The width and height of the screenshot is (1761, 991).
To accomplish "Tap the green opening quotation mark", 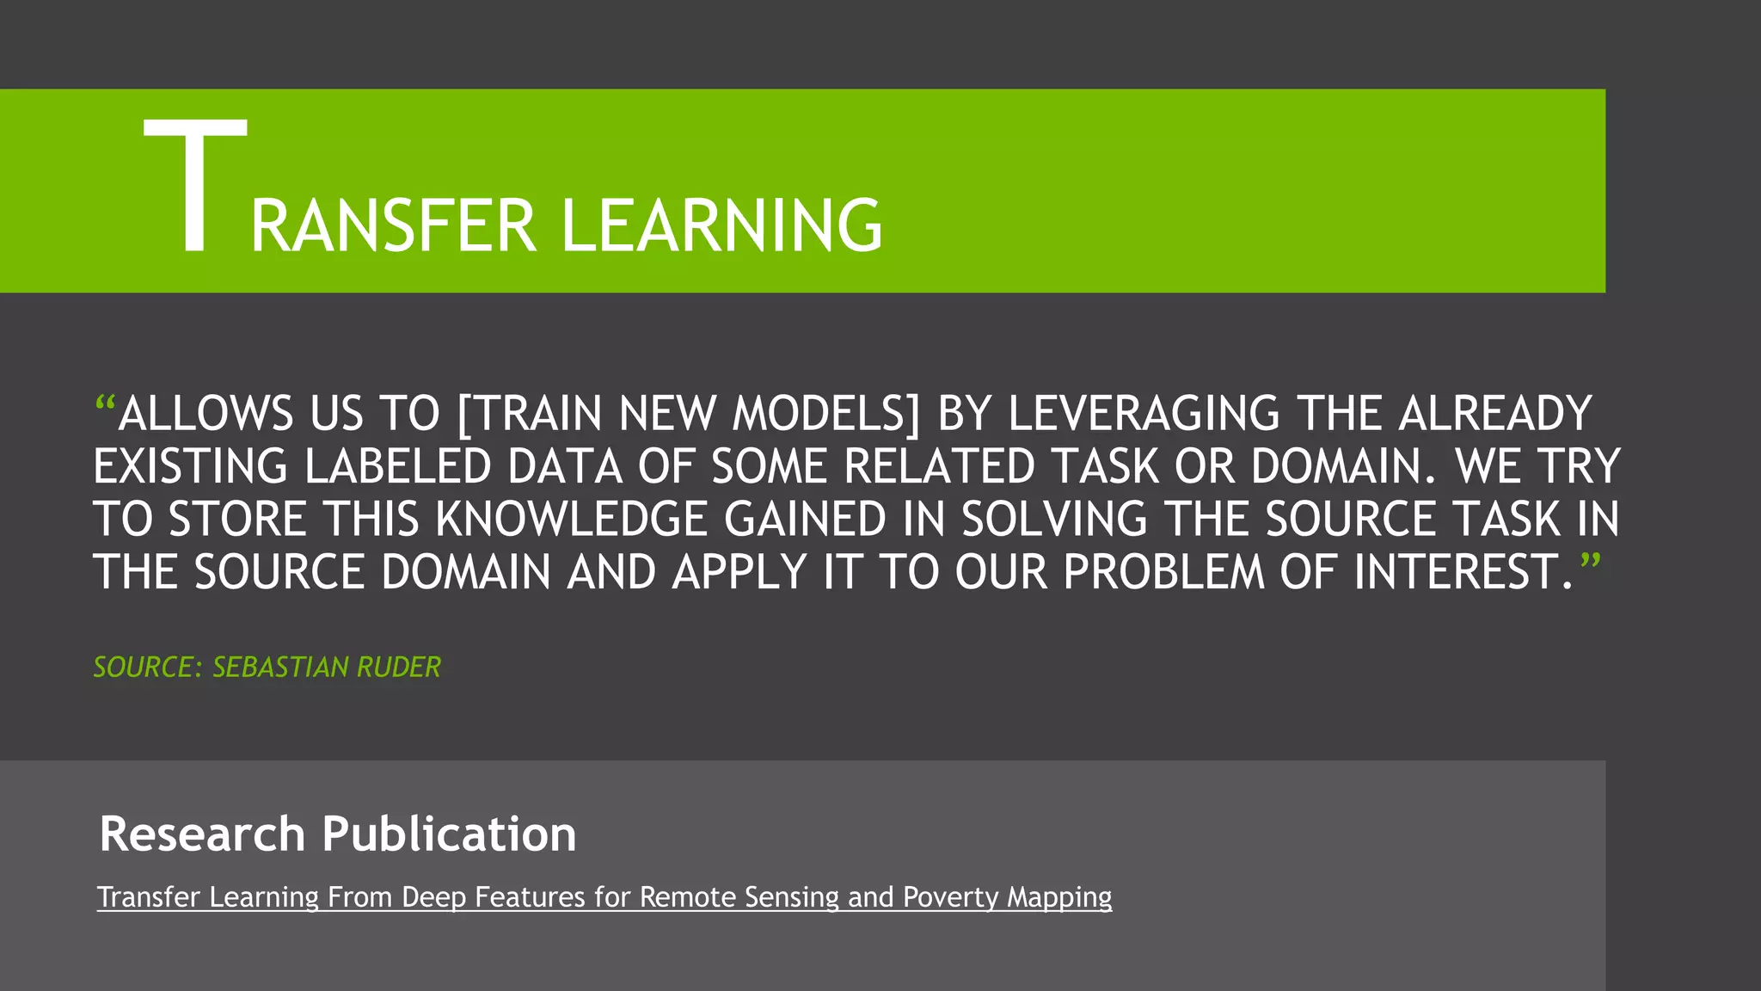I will point(105,403).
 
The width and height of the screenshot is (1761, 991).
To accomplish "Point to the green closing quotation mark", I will point(1590,563).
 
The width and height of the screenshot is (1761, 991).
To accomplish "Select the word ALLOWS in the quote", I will point(206,414).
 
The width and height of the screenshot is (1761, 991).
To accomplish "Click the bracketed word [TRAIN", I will point(530,414).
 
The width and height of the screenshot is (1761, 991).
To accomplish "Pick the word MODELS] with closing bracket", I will point(825,414).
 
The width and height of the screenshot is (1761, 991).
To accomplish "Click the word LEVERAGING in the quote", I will point(1144,414).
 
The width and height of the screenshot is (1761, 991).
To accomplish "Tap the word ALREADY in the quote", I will point(1495,414).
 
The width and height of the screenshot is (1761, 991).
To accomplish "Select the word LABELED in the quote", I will point(397,467).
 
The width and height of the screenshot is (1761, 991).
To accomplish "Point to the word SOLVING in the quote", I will point(1054,520).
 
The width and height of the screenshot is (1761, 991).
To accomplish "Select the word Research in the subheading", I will point(202,834).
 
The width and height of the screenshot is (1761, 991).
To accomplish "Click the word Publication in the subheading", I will point(449,834).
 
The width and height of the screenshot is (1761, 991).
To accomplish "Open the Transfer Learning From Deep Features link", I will point(604,897).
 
